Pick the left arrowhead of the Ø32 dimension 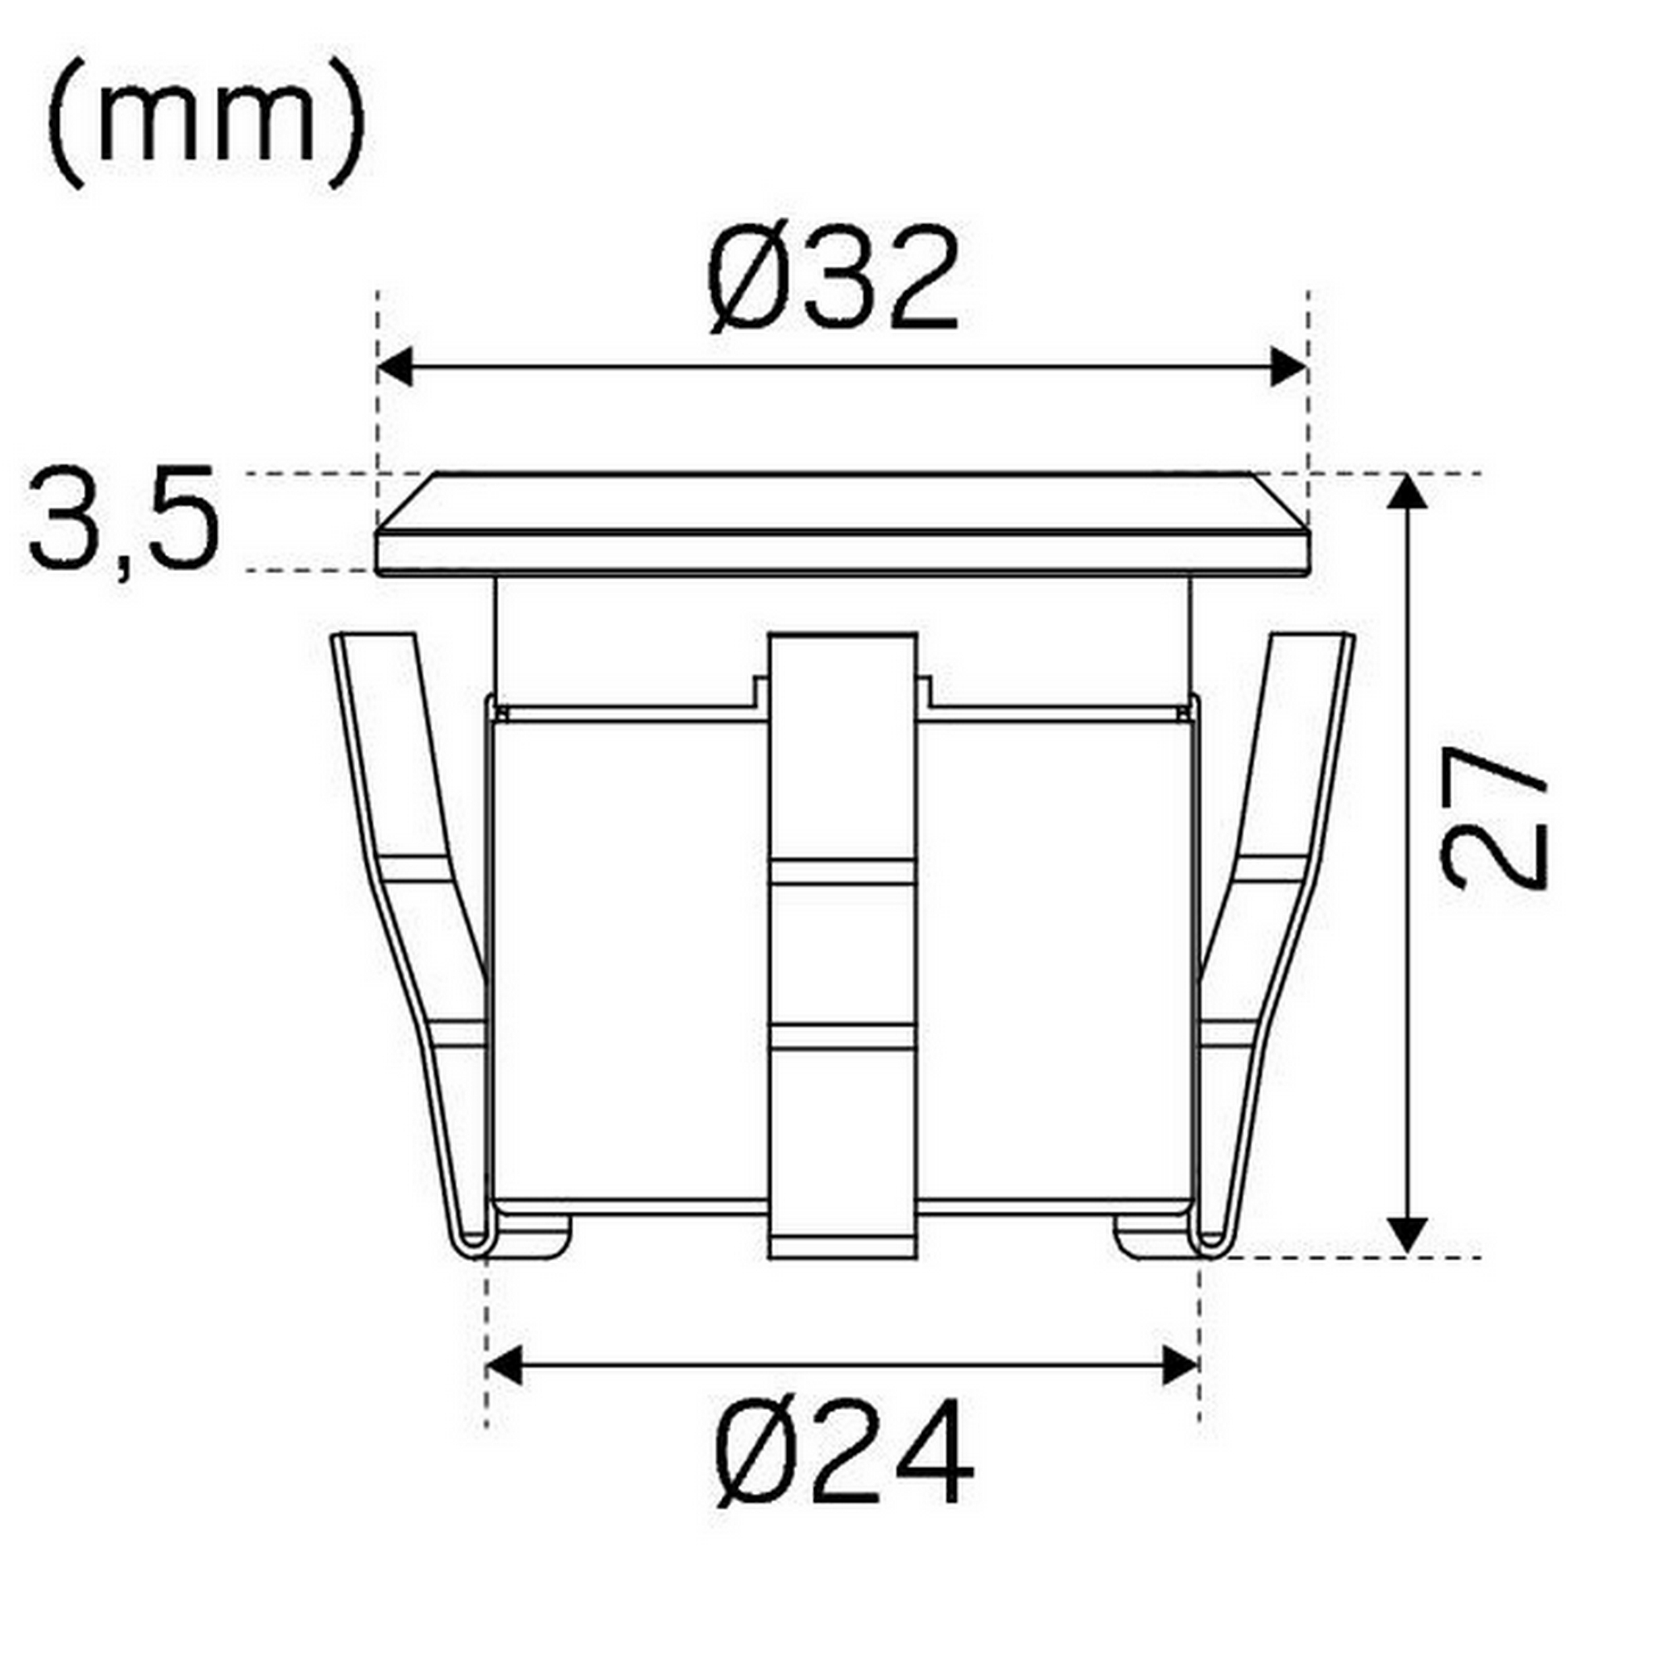coord(394,368)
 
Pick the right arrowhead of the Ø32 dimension coord(1290,368)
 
